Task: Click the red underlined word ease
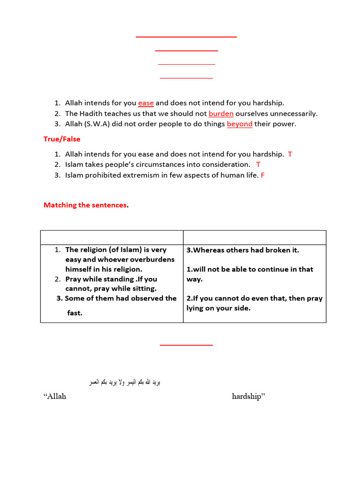coord(146,103)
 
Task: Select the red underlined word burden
coord(221,113)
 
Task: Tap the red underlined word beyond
coord(240,124)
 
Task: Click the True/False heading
coord(62,139)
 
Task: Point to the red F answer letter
coord(262,175)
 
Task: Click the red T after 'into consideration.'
coord(258,165)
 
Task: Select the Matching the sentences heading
coord(85,205)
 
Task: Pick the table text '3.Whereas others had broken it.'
coord(243,250)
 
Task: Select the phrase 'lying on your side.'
coord(218,308)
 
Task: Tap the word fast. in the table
coord(75,313)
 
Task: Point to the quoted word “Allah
coord(55,397)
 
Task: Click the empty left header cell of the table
coord(112,237)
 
